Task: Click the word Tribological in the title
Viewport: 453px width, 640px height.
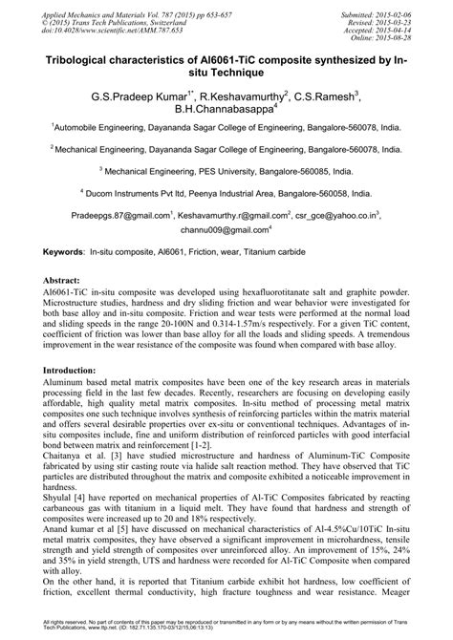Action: [77, 59]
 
